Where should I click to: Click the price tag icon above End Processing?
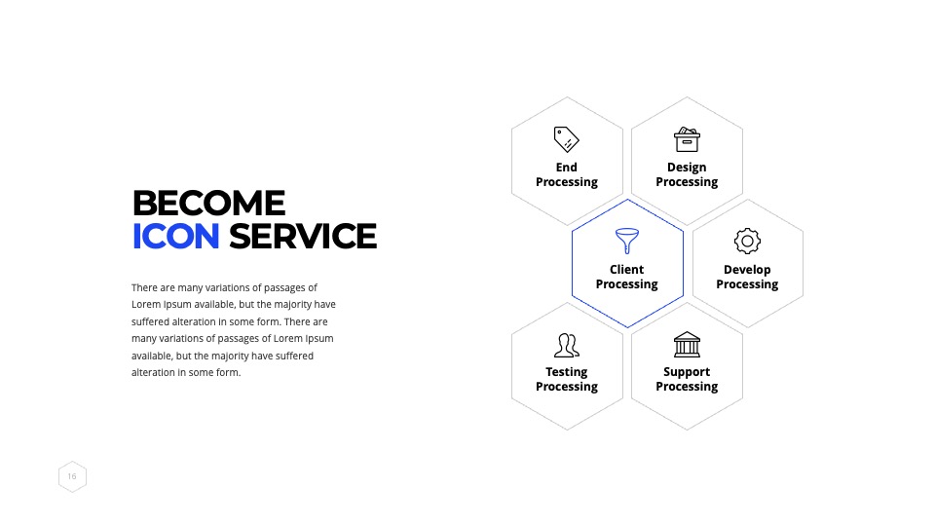[566, 139]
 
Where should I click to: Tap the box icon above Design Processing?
[687, 139]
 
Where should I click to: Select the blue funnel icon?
[626, 241]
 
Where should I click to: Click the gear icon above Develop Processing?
[747, 241]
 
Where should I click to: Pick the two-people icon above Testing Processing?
[567, 345]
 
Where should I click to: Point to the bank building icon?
[687, 344]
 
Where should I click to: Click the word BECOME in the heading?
[208, 203]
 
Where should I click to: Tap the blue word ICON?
[176, 236]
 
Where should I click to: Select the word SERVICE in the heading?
[303, 236]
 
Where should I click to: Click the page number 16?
[72, 476]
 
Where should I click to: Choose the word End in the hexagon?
[567, 168]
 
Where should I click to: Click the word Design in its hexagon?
[687, 168]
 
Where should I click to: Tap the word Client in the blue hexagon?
[626, 270]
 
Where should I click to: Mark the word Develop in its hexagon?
[747, 270]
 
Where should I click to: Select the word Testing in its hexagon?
[567, 372]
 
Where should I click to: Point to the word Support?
[687, 372]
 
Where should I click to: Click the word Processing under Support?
[687, 387]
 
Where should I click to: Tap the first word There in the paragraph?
[144, 287]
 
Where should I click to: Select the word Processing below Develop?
[747, 284]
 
